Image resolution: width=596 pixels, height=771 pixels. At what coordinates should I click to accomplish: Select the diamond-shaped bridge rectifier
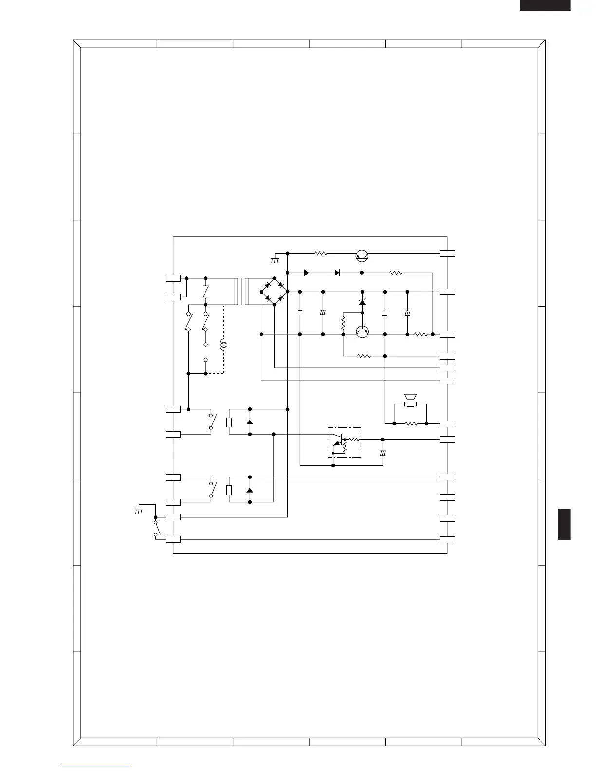point(274,292)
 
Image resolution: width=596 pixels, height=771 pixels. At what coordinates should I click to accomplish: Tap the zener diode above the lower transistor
point(362,302)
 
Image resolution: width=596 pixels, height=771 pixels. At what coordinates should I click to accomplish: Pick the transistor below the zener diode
point(362,331)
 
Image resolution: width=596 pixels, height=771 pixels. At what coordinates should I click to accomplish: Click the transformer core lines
point(241,292)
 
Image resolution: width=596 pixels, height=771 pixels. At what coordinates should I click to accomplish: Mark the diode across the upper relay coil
point(250,422)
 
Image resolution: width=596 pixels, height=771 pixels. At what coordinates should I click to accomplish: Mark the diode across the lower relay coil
point(250,490)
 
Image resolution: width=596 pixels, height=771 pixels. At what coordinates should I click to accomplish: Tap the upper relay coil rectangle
point(229,422)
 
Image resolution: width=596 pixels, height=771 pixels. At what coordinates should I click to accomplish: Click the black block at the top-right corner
point(544,5)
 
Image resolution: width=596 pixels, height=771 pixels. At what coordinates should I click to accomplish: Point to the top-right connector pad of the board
point(447,253)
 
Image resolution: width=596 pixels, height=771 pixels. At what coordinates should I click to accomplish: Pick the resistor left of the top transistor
point(320,253)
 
